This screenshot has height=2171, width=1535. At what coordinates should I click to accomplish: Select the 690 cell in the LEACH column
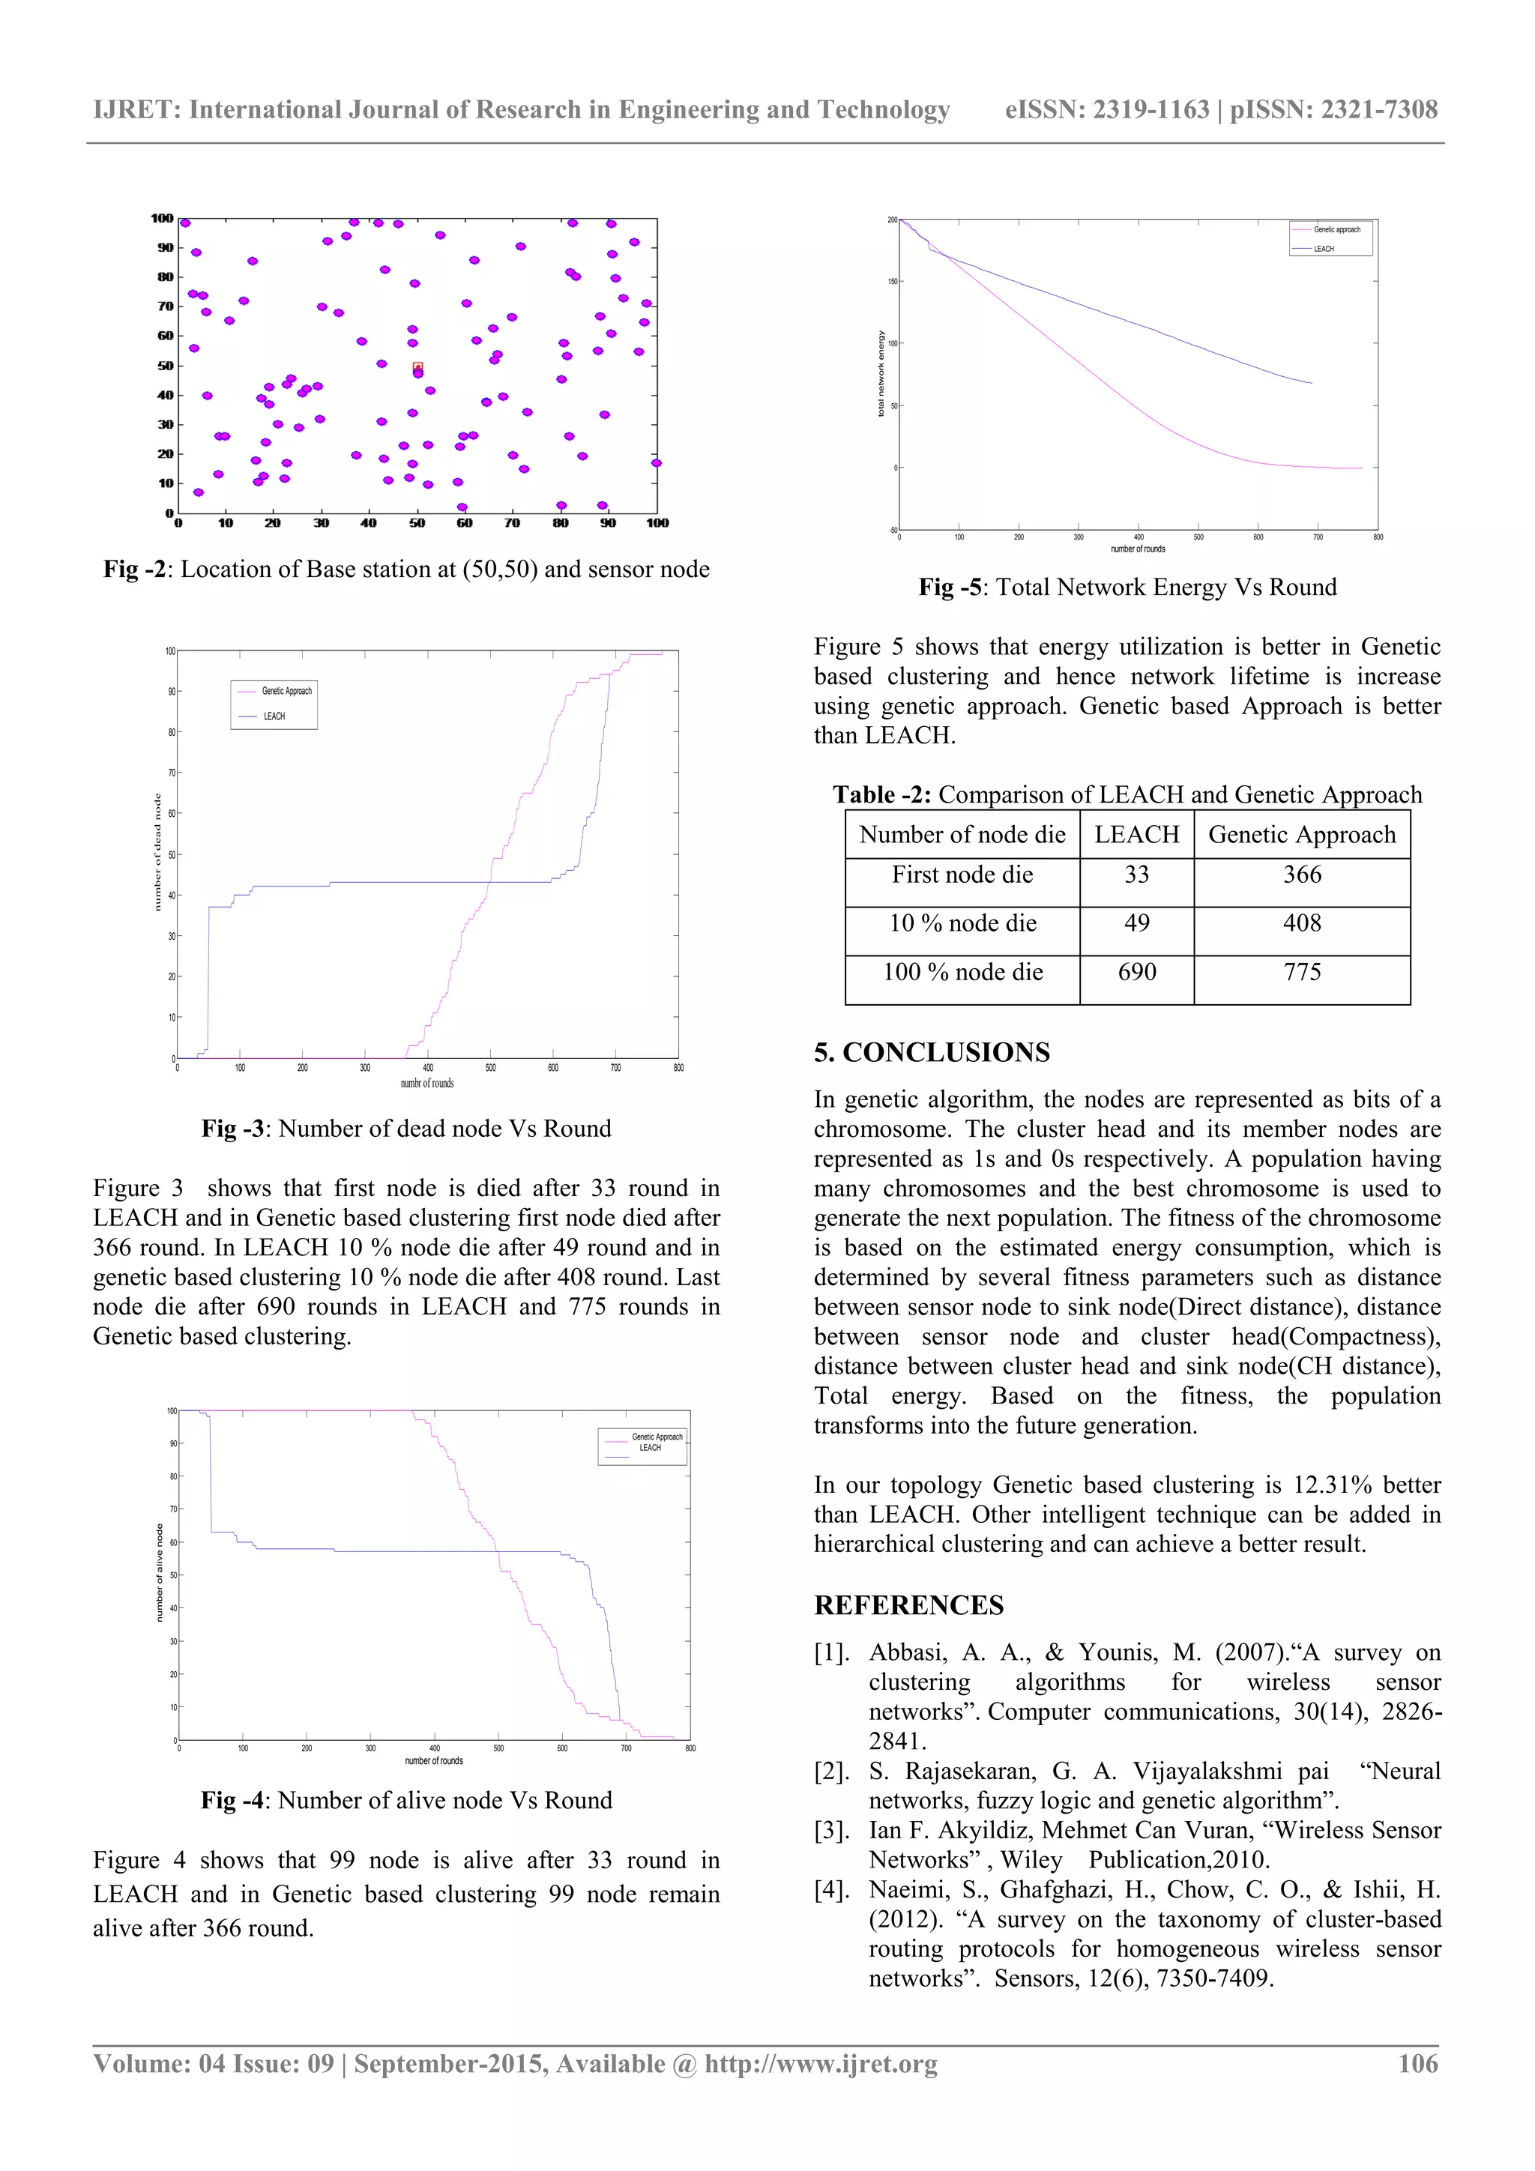pos(1137,972)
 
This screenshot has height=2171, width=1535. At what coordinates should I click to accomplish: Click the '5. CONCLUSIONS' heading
pos(932,1052)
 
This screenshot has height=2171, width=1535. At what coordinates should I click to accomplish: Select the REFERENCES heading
pos(908,1604)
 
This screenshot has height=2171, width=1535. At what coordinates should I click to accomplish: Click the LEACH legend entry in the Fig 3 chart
pos(274,716)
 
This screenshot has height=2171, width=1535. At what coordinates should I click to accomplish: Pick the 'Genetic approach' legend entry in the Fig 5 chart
pos(1336,230)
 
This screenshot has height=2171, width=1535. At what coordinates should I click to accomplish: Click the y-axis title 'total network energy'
pos(881,373)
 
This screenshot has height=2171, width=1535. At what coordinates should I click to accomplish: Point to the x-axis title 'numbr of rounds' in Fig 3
pos(426,1084)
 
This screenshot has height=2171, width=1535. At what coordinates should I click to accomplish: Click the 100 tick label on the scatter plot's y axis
pos(162,218)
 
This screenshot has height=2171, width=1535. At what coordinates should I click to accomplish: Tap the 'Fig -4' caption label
pos(232,1800)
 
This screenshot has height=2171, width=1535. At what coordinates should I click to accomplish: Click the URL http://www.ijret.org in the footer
pos(820,2063)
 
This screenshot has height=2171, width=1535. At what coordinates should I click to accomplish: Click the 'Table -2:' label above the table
pos(881,794)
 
